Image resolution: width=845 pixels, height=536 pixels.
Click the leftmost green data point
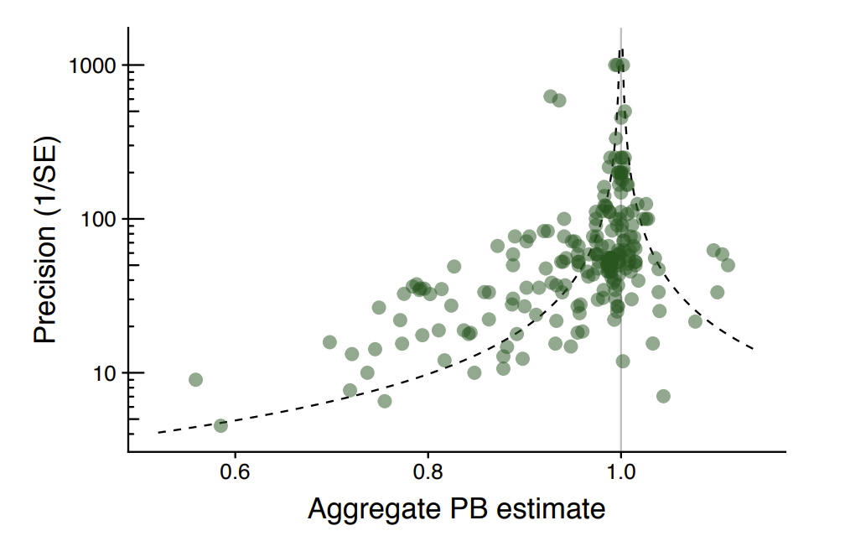tap(195, 380)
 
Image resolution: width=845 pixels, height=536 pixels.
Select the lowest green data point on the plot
tap(220, 425)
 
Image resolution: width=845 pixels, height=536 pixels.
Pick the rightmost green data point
tap(728, 265)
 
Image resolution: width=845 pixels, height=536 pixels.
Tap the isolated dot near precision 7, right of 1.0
tap(663, 396)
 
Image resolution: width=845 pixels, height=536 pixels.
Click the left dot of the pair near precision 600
tap(550, 96)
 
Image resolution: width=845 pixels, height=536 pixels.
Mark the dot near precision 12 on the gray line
tap(623, 361)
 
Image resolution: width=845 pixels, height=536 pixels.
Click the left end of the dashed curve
tap(158, 433)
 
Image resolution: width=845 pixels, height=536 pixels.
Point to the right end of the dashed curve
tap(754, 348)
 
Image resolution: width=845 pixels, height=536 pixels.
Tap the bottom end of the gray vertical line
tap(620, 451)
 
